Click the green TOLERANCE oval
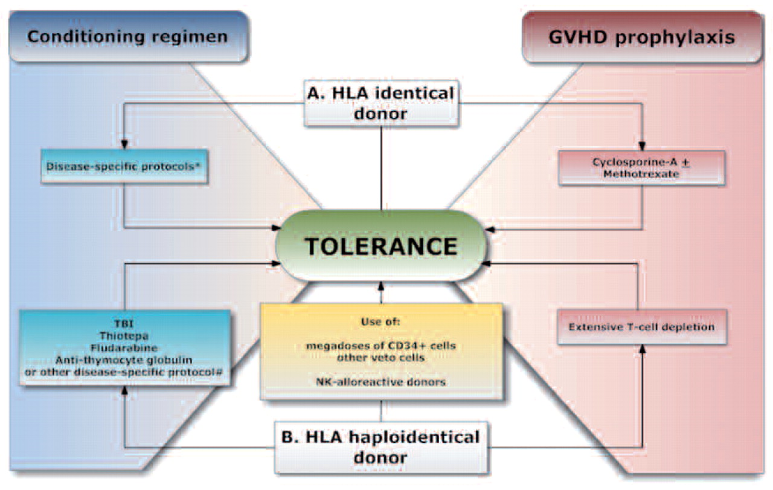[x=380, y=246]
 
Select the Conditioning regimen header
[x=127, y=37]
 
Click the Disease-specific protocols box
[x=126, y=165]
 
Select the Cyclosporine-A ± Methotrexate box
[x=641, y=167]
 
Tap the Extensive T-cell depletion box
[x=641, y=327]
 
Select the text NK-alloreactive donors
[x=380, y=382]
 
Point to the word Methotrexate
[x=641, y=173]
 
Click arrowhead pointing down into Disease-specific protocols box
[x=124, y=145]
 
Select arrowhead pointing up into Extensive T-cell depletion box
[x=641, y=349]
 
